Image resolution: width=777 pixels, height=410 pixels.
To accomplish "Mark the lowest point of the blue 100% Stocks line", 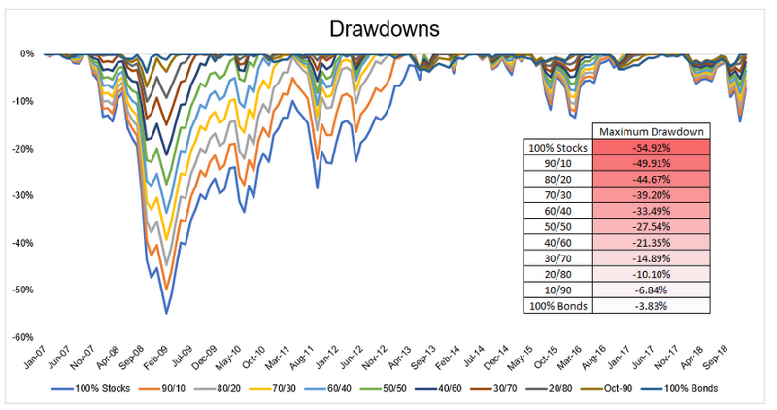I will (x=166, y=313).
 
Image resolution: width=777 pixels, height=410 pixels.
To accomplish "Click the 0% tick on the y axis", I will (x=27, y=53).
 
